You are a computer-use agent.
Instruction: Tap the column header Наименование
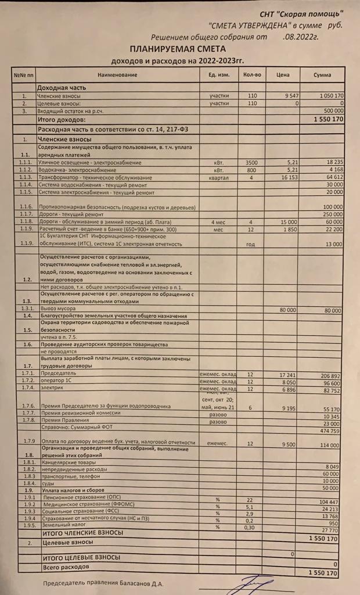pyautogui.click(x=117, y=75)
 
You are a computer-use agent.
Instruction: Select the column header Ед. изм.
pyautogui.click(x=219, y=75)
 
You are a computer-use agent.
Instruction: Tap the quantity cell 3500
pyautogui.click(x=251, y=162)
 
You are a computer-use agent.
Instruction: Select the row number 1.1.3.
pyautogui.click(x=24, y=177)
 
